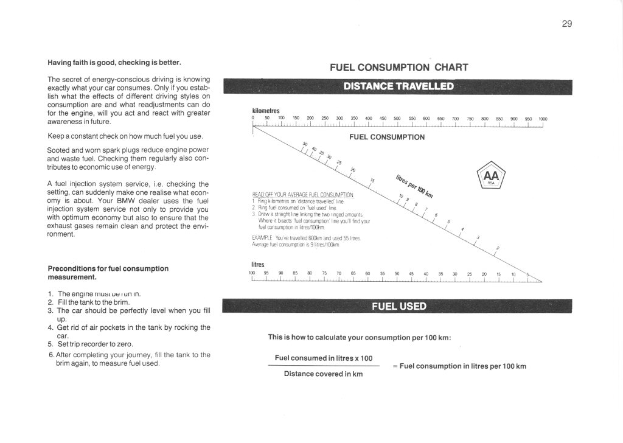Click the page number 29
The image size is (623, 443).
(566, 24)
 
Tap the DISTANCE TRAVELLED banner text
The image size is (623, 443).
(399, 86)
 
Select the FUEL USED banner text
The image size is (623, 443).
(399, 305)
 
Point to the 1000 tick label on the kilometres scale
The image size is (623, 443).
(543, 119)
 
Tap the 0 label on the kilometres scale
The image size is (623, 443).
(252, 119)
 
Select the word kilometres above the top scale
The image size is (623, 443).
(265, 111)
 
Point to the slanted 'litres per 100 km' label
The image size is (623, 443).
(414, 183)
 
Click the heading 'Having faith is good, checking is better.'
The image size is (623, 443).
(114, 62)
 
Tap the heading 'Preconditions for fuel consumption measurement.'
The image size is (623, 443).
(108, 273)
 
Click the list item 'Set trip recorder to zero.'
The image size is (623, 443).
(95, 344)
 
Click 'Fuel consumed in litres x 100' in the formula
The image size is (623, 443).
(324, 358)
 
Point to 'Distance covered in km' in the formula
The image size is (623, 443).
(323, 374)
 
